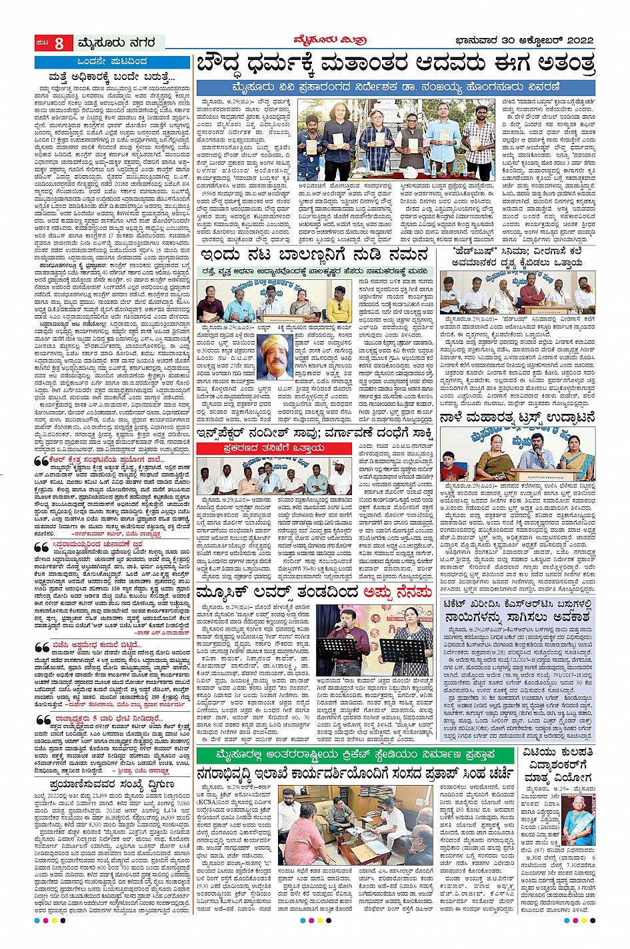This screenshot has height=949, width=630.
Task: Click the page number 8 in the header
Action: (x=59, y=44)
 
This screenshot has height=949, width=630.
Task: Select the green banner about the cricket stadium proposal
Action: (x=355, y=754)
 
